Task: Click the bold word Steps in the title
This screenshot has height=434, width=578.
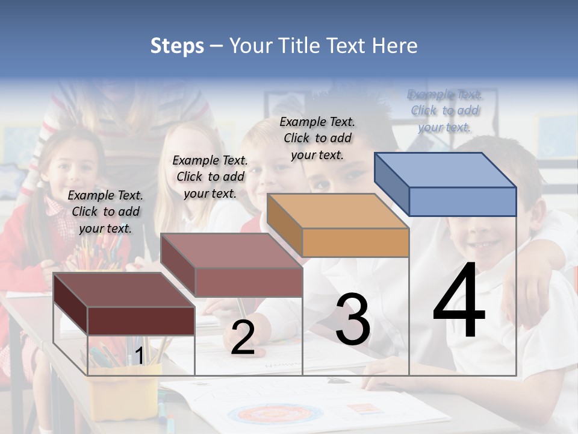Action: [x=177, y=46]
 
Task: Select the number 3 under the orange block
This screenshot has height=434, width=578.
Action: [x=352, y=319]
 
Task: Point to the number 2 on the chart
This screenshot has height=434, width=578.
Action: [x=242, y=338]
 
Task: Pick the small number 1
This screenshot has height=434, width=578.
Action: [x=139, y=356]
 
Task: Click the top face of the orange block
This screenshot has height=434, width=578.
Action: [x=337, y=211]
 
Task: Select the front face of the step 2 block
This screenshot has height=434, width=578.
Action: [x=249, y=282]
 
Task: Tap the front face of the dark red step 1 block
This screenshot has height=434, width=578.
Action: [x=141, y=321]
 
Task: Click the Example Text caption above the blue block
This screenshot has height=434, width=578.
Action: [x=444, y=110]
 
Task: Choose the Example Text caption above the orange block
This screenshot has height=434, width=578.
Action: [x=317, y=138]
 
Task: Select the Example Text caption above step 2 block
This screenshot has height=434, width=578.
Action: [x=210, y=177]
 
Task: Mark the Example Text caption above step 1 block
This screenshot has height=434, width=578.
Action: [x=105, y=212]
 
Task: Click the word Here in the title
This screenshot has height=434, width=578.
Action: [x=395, y=46]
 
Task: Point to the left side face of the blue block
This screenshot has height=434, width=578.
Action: [x=391, y=184]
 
